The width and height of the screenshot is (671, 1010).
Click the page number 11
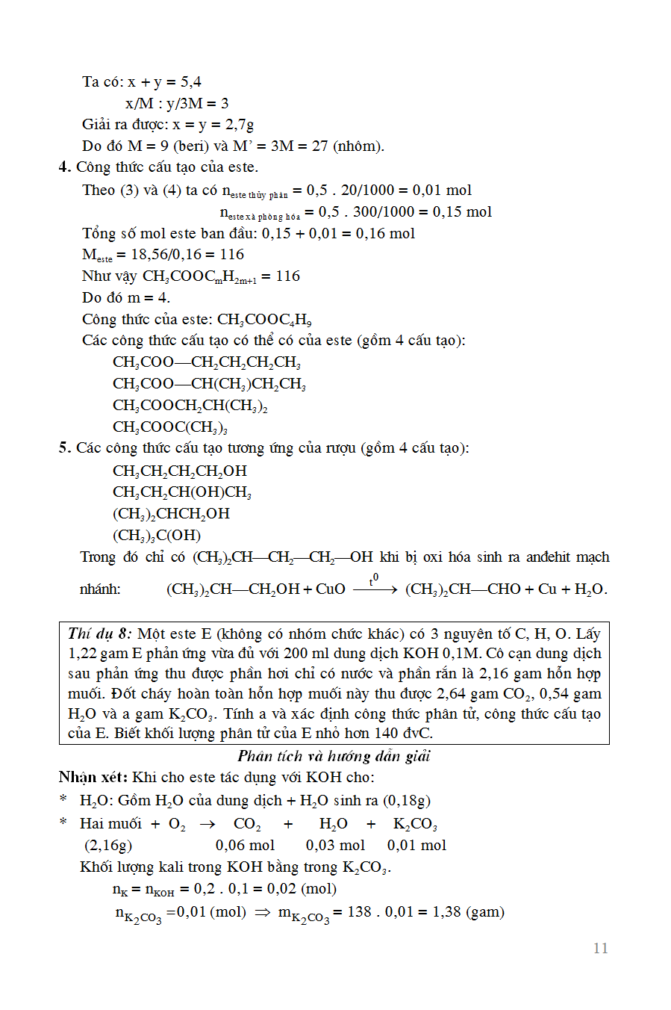click(600, 948)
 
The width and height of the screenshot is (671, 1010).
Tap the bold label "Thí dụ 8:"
click(99, 633)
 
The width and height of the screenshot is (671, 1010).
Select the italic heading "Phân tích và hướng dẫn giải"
click(334, 756)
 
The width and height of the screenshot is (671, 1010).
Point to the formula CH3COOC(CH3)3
click(170, 427)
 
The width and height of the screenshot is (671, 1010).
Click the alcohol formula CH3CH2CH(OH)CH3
click(182, 492)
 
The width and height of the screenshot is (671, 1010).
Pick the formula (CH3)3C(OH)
click(157, 536)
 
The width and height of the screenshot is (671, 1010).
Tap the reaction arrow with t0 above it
click(375, 588)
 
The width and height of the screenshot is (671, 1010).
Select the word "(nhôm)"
click(358, 146)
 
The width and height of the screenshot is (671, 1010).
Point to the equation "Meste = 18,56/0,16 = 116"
click(163, 255)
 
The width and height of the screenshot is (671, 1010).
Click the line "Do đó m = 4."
click(126, 297)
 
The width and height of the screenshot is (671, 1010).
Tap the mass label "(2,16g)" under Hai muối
click(108, 845)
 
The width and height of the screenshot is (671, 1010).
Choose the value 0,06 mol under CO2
click(245, 845)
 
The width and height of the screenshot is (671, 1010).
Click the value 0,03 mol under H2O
click(335, 845)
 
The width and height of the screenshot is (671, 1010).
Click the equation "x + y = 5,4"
click(164, 81)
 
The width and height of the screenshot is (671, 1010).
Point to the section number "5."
click(65, 448)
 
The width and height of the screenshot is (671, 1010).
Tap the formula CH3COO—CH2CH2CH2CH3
click(207, 362)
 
